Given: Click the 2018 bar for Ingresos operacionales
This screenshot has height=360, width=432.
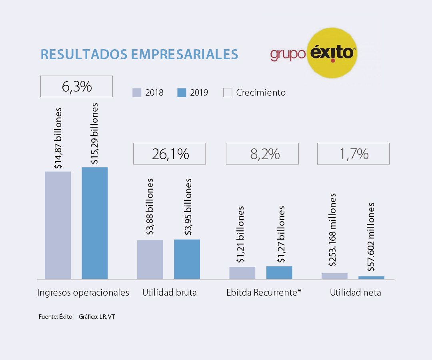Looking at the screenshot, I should (x=58, y=225).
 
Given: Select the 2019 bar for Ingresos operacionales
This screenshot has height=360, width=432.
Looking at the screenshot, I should (x=95, y=223).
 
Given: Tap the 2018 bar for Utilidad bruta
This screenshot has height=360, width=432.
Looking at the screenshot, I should (x=150, y=259).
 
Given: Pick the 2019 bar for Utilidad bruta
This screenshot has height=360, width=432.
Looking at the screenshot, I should (x=187, y=259).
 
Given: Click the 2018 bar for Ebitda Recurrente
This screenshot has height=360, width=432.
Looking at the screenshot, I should (x=242, y=272).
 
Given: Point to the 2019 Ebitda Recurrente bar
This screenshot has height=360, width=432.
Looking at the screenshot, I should (x=279, y=272).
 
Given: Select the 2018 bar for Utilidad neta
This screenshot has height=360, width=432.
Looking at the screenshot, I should (x=334, y=276).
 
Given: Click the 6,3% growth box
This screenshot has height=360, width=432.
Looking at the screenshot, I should (x=76, y=86).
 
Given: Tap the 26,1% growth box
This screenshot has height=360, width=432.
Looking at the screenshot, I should (x=169, y=154).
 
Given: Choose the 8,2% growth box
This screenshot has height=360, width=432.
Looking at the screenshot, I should (x=262, y=154).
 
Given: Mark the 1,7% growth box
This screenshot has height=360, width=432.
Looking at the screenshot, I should (x=353, y=154).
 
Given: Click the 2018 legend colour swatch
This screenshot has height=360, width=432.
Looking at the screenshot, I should (x=137, y=93).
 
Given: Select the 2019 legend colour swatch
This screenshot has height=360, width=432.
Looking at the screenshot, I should (x=182, y=93).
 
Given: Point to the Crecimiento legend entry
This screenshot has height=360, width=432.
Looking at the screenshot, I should (x=255, y=93).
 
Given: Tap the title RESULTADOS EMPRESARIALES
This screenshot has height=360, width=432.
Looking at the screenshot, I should (x=139, y=54).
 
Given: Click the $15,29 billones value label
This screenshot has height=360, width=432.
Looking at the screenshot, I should (x=95, y=134).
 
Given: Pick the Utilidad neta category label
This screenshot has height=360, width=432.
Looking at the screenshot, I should (x=355, y=292).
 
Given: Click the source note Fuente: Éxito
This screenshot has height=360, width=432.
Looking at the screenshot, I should (x=56, y=317).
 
